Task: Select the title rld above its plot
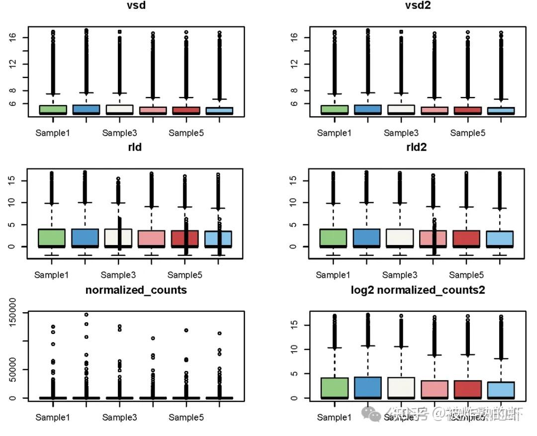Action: [x=135, y=147]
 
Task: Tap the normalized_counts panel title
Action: [x=136, y=290]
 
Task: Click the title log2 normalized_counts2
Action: [x=417, y=290]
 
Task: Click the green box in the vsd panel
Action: [x=53, y=109]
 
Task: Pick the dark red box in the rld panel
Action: [x=185, y=238]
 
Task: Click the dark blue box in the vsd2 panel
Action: [x=367, y=109]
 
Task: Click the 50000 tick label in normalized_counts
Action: [x=18, y=369]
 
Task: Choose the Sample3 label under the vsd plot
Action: [x=119, y=133]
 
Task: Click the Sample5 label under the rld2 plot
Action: [x=466, y=275]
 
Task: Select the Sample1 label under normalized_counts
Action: [x=52, y=418]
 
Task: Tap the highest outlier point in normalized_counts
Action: [x=86, y=315]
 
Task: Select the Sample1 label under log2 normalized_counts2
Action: [x=334, y=418]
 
